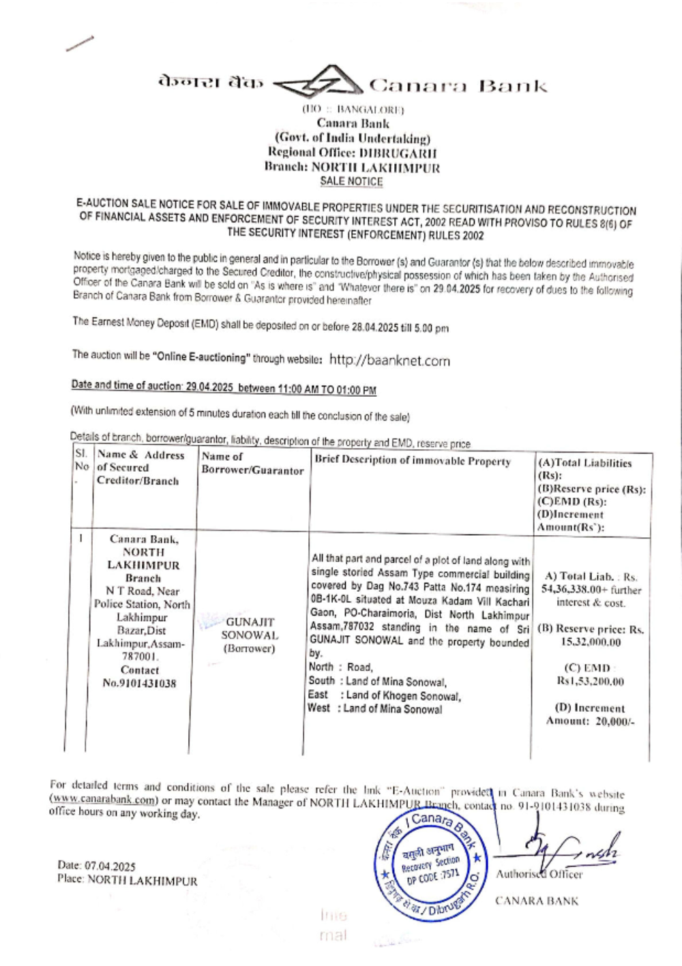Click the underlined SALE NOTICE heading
pos(351,181)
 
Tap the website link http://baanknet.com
pos(389,360)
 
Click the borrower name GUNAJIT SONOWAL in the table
pos(250,629)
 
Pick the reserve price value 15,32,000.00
pos(591,642)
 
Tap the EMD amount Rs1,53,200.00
pos(590,681)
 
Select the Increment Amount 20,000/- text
pos(590,721)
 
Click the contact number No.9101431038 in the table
pos(139,683)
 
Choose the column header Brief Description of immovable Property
pos(413,462)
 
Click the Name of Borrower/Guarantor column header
pos(252,464)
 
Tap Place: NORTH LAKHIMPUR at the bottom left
pos(127,881)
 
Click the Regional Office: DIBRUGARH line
pos(352,153)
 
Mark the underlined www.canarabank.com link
pos(104,800)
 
